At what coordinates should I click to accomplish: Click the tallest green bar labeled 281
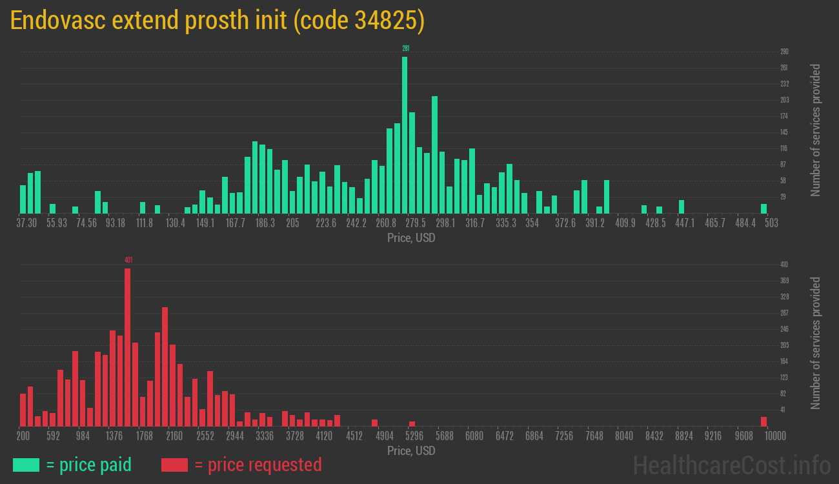click(x=405, y=135)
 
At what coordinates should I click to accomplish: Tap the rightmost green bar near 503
click(x=763, y=208)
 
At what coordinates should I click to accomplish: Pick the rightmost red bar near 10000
click(x=763, y=421)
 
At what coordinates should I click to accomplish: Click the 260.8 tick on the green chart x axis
click(x=386, y=223)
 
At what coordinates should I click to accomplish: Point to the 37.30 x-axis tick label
click(x=26, y=223)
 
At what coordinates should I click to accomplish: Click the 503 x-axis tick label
click(x=771, y=223)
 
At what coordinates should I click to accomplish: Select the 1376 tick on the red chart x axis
click(x=114, y=436)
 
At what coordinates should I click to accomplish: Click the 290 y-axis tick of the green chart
click(x=784, y=52)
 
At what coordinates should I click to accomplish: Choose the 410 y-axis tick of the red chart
click(x=784, y=265)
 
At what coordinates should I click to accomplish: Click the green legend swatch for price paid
click(x=26, y=465)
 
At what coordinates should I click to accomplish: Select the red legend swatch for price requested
click(x=174, y=465)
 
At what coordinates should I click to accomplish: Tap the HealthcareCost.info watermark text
click(x=731, y=465)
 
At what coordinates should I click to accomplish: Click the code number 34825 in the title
click(x=385, y=21)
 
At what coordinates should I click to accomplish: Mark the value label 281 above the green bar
click(x=405, y=48)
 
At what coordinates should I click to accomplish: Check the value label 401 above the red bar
click(x=128, y=260)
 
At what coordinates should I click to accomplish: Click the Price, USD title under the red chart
click(x=411, y=450)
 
